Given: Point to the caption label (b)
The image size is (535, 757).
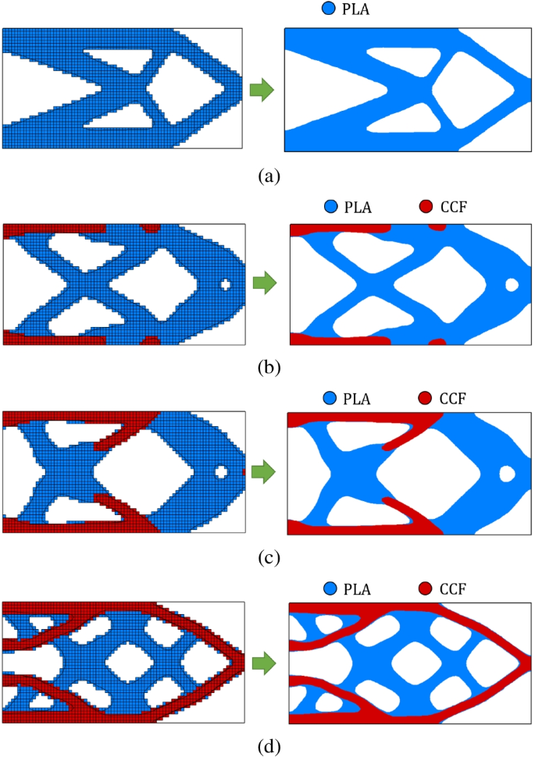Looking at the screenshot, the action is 266,365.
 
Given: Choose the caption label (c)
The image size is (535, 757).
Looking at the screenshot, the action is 266,557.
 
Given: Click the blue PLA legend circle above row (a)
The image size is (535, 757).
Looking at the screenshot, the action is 307,11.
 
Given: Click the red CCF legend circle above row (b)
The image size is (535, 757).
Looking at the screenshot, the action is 425,207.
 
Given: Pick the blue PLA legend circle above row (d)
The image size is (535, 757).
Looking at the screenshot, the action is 328,590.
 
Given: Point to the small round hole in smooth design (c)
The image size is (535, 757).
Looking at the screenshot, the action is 508,472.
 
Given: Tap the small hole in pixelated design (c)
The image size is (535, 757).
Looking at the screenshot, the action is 222,471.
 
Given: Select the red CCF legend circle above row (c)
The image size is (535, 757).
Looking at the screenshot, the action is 425,399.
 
